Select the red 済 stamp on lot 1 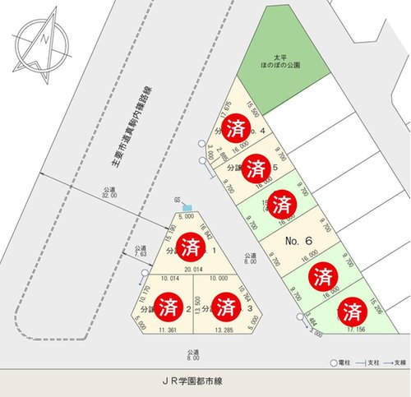[x=192, y=245]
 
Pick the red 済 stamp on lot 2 [x=169, y=308]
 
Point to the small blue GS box [x=187, y=205]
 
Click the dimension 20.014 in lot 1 [x=192, y=268]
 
